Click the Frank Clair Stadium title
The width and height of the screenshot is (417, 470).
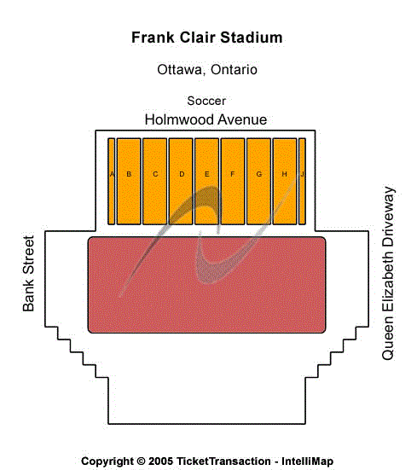click(206, 38)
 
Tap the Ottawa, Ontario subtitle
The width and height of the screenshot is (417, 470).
click(207, 70)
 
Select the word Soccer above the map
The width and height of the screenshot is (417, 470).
click(206, 101)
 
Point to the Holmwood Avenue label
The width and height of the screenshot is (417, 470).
click(206, 119)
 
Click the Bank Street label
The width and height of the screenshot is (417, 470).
click(28, 273)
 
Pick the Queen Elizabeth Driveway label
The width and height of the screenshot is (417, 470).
click(389, 272)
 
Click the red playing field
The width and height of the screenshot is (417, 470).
click(206, 285)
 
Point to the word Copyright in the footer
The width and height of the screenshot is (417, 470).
click(107, 461)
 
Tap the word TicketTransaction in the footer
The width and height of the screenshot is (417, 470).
click(224, 461)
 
